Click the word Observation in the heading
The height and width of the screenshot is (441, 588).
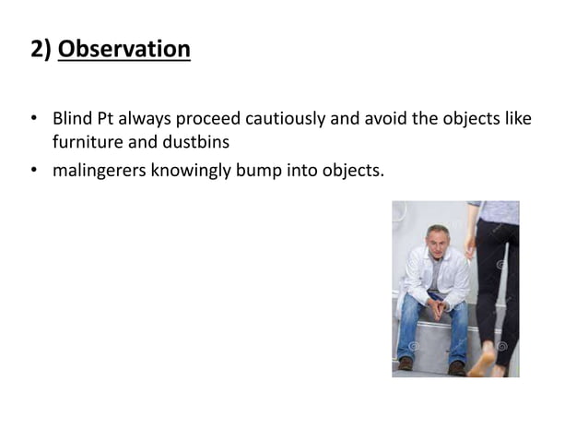coord(124,49)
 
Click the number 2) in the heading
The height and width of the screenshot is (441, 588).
coord(41,49)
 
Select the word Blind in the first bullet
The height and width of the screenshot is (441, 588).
coord(70,121)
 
